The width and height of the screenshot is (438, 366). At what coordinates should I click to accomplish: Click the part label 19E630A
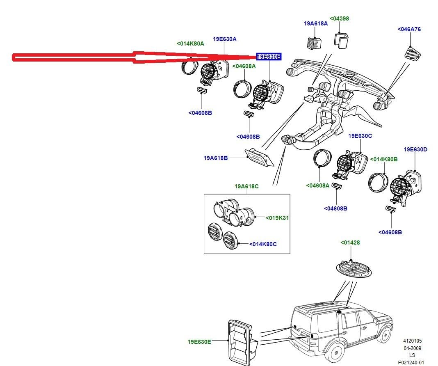coord(224,39)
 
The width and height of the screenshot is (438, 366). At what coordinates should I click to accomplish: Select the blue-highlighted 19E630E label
coord(269,57)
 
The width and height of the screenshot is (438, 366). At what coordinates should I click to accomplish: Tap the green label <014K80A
coord(190,43)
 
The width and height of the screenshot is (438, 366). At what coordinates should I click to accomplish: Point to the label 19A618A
coord(316,23)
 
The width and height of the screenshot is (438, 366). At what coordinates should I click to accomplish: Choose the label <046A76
coord(409,29)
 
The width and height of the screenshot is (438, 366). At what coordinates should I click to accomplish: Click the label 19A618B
coord(216,158)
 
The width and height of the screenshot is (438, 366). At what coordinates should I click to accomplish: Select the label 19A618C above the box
coord(246,186)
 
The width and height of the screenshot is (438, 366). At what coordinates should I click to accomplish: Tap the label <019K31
coord(277,218)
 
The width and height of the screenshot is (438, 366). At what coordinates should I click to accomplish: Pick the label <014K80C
coord(263,244)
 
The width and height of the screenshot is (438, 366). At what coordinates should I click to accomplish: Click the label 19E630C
coord(360,135)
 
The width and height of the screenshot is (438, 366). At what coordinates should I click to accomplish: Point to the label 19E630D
coord(415,149)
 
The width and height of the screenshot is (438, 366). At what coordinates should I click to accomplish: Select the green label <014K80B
coord(384,159)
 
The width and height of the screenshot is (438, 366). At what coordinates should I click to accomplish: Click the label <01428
coord(350,242)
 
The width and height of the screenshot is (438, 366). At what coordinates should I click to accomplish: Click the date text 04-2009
coord(412,348)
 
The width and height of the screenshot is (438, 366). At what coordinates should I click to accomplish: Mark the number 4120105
coord(412,341)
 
